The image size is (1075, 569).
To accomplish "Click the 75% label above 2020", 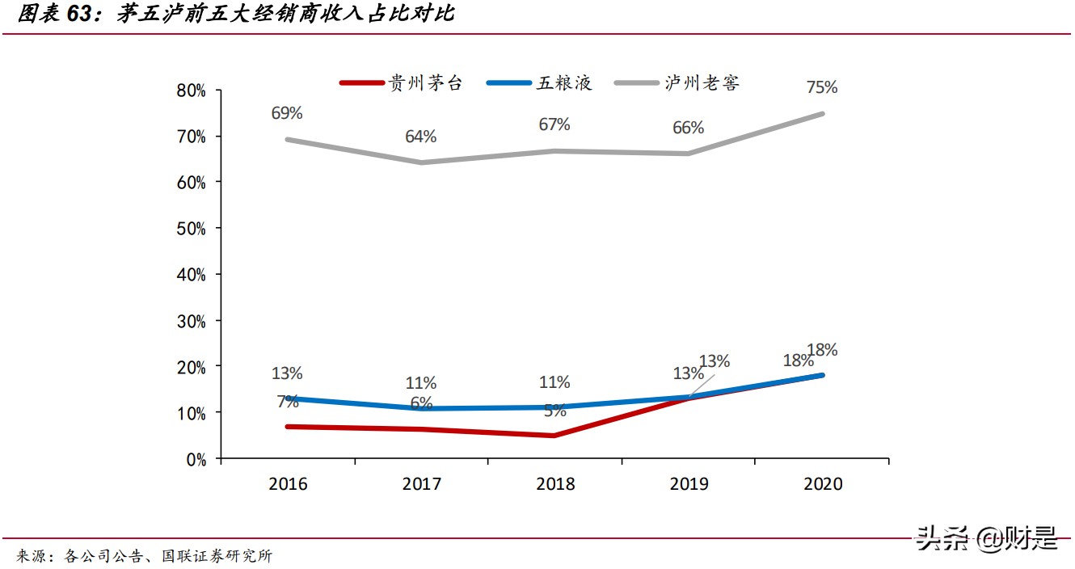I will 822,86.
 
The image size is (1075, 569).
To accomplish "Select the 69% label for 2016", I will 287,113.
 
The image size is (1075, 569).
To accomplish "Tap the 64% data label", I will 421,137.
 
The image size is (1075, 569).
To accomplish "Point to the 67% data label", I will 554,124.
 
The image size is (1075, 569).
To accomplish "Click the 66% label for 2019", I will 689,128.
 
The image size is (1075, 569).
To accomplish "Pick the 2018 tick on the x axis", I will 555,484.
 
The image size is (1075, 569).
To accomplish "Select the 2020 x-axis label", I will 823,484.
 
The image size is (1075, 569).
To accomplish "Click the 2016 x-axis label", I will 288,484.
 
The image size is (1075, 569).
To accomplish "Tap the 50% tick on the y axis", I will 192,229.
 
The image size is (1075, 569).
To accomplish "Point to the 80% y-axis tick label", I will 192,91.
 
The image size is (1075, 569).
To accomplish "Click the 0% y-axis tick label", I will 196,459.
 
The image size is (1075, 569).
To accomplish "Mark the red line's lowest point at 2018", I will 554,436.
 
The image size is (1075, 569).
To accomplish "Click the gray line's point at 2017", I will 421,162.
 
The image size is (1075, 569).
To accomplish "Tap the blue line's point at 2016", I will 288,398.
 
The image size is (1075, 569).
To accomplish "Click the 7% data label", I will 287,401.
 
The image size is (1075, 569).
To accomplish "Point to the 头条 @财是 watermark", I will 987,537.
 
